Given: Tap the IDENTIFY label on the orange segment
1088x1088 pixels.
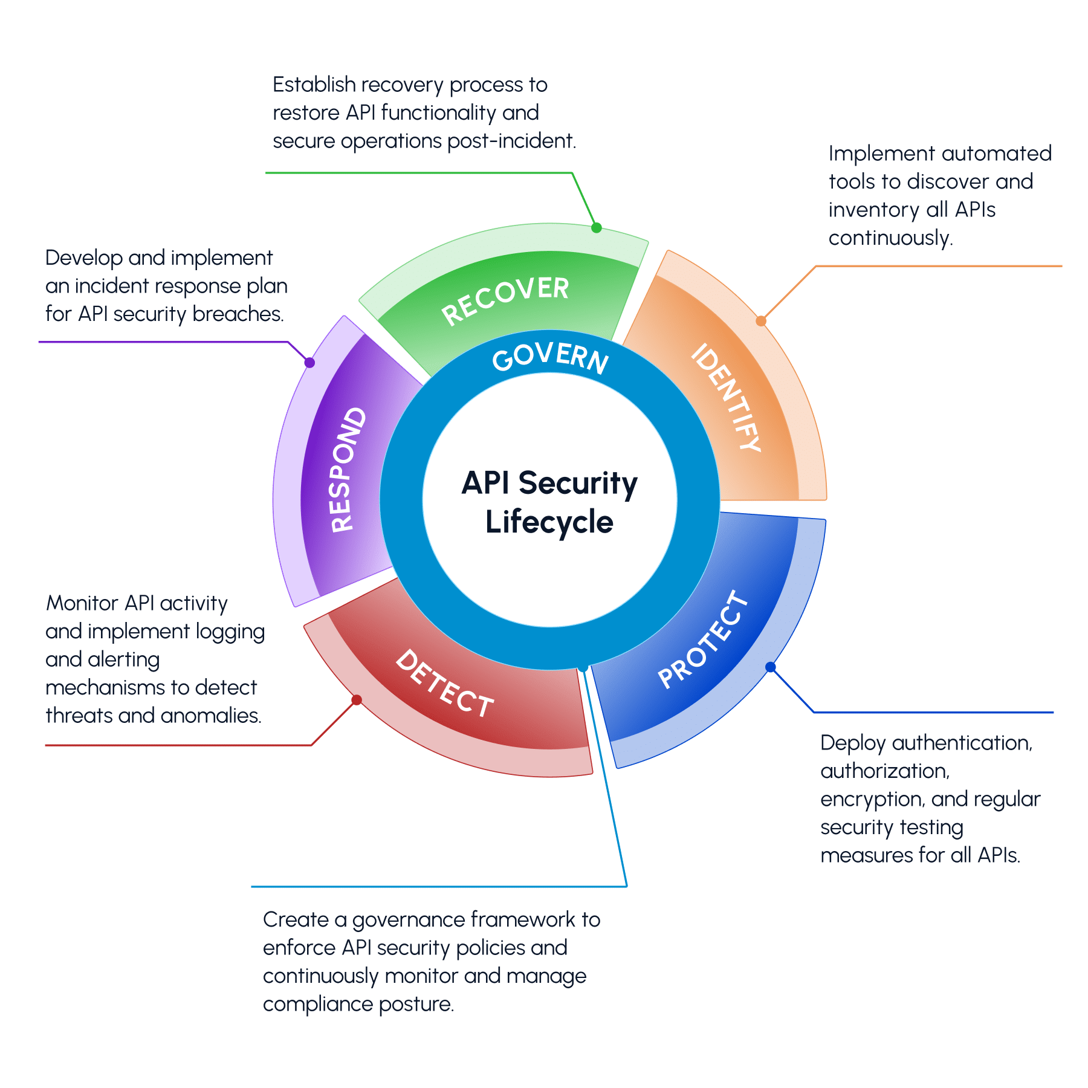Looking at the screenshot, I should [726, 397].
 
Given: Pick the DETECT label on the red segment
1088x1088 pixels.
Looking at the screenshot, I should [444, 684].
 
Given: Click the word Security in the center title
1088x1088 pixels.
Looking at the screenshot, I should [578, 484].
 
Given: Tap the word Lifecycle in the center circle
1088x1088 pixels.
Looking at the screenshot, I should [549, 522].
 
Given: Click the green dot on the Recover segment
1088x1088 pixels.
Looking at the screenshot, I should [597, 228].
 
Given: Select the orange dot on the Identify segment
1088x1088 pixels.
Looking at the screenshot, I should [761, 321].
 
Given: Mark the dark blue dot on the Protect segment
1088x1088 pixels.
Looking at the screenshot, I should [771, 667].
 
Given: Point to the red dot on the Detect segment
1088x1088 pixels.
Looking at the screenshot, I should [357, 700].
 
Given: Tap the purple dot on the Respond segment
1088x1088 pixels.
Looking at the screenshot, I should [309, 363].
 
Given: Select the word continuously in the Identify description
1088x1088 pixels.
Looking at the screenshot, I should [890, 238].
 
